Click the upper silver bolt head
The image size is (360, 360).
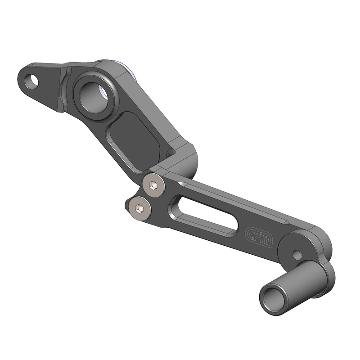153,185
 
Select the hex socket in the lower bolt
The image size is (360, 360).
140,208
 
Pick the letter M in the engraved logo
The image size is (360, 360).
267,240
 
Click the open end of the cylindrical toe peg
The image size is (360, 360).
273,297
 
